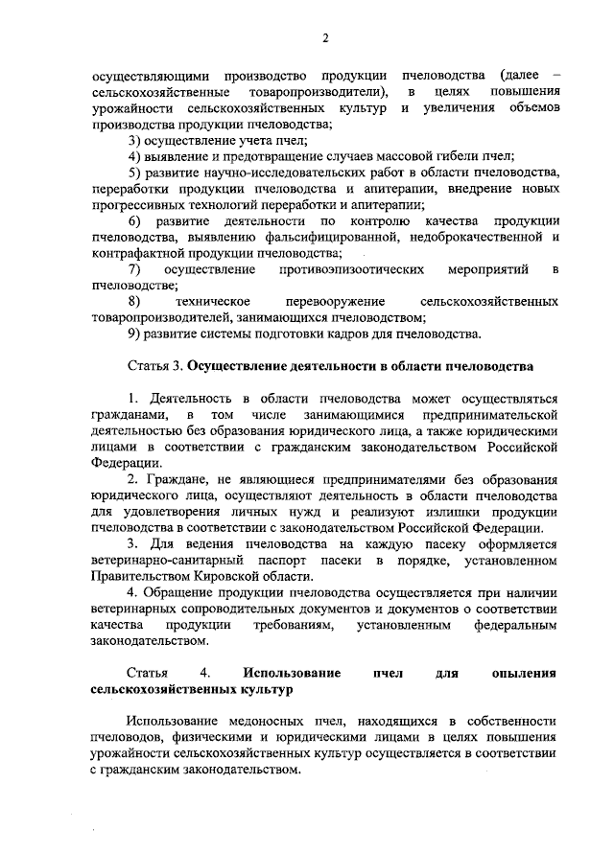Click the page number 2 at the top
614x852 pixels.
(x=325, y=37)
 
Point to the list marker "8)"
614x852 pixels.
(x=135, y=302)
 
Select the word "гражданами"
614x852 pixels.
(x=130, y=415)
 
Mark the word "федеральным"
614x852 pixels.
(x=516, y=626)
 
